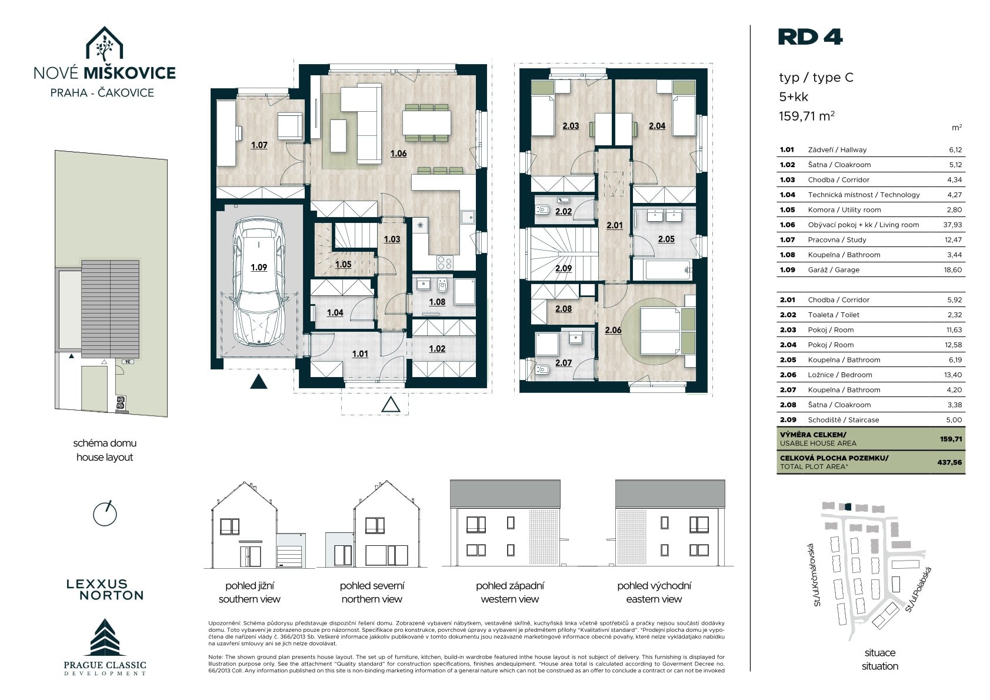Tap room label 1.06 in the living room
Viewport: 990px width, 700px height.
coord(398,154)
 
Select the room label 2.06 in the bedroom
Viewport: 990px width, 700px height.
coord(613,330)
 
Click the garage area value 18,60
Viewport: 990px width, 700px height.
coord(953,269)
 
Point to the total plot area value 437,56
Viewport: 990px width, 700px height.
coord(949,462)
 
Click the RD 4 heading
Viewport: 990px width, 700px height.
coord(810,37)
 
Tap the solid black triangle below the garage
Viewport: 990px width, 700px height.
coord(259,381)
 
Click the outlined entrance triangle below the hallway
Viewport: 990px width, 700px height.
coord(391,404)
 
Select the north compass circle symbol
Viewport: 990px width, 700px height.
coord(105,514)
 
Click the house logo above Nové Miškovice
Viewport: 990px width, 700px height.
coord(104,44)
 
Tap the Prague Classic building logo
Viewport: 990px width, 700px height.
coord(105,637)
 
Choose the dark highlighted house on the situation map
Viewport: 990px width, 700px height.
coord(847,507)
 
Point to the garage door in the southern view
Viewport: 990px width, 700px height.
coord(289,556)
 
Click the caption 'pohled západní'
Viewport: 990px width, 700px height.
coord(509,585)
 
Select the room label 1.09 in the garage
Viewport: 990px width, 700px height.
coord(259,268)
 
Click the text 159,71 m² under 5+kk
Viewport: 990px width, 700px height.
coord(806,116)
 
